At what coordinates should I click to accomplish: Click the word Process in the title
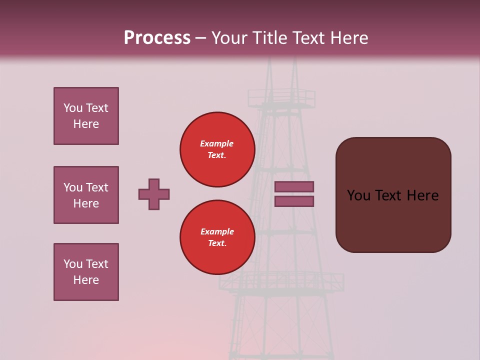point(157,37)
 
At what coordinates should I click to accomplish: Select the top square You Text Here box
point(86,116)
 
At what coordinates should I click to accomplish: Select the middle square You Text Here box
point(86,195)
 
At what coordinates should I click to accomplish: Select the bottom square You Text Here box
point(86,272)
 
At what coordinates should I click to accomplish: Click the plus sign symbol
point(154,194)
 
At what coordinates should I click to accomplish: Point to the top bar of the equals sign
point(294,186)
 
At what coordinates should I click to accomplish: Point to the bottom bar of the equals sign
point(294,201)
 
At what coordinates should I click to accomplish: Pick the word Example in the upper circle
point(216,143)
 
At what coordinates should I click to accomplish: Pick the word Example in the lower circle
point(217,231)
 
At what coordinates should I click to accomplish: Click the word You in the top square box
point(73,108)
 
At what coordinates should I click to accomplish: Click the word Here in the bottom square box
point(86,280)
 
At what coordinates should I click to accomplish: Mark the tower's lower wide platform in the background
point(281,282)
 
